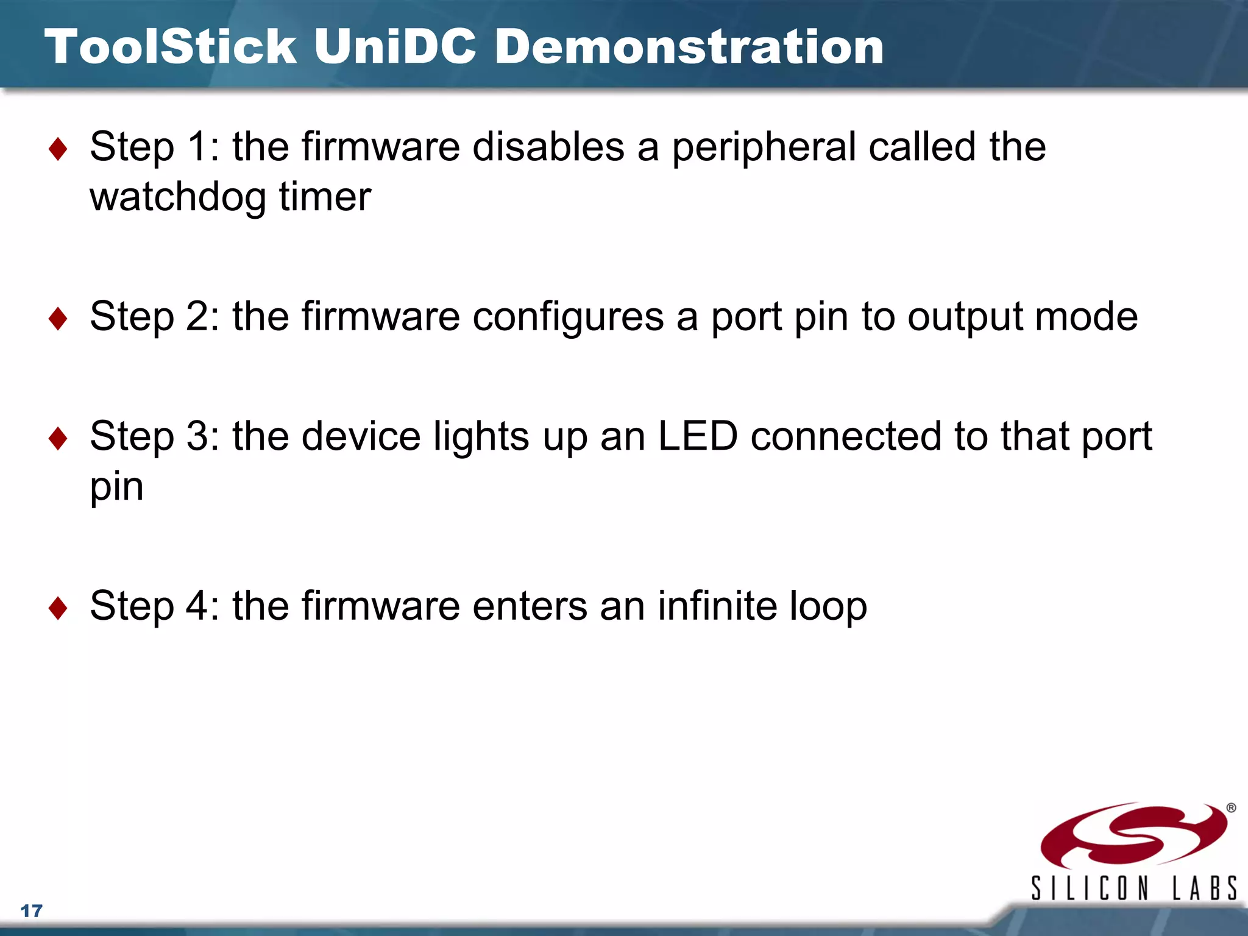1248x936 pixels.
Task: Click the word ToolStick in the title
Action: click(171, 47)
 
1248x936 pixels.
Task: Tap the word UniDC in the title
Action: click(394, 47)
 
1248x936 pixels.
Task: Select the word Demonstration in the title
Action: click(689, 47)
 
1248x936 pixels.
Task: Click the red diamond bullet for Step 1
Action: click(58, 149)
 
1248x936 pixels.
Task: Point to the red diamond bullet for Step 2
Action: click(58, 319)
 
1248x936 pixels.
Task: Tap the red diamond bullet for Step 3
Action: click(58, 438)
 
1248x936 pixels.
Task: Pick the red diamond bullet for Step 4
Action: click(58, 608)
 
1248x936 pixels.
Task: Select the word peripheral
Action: click(764, 148)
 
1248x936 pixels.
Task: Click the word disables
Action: click(548, 147)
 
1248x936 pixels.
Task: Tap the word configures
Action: click(568, 317)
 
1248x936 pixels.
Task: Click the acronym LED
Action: click(698, 436)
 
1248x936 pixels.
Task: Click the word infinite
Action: click(717, 606)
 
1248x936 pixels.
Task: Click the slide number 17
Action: click(32, 911)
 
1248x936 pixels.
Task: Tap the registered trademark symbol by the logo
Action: click(1231, 808)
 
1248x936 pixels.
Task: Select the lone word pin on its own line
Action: click(116, 487)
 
